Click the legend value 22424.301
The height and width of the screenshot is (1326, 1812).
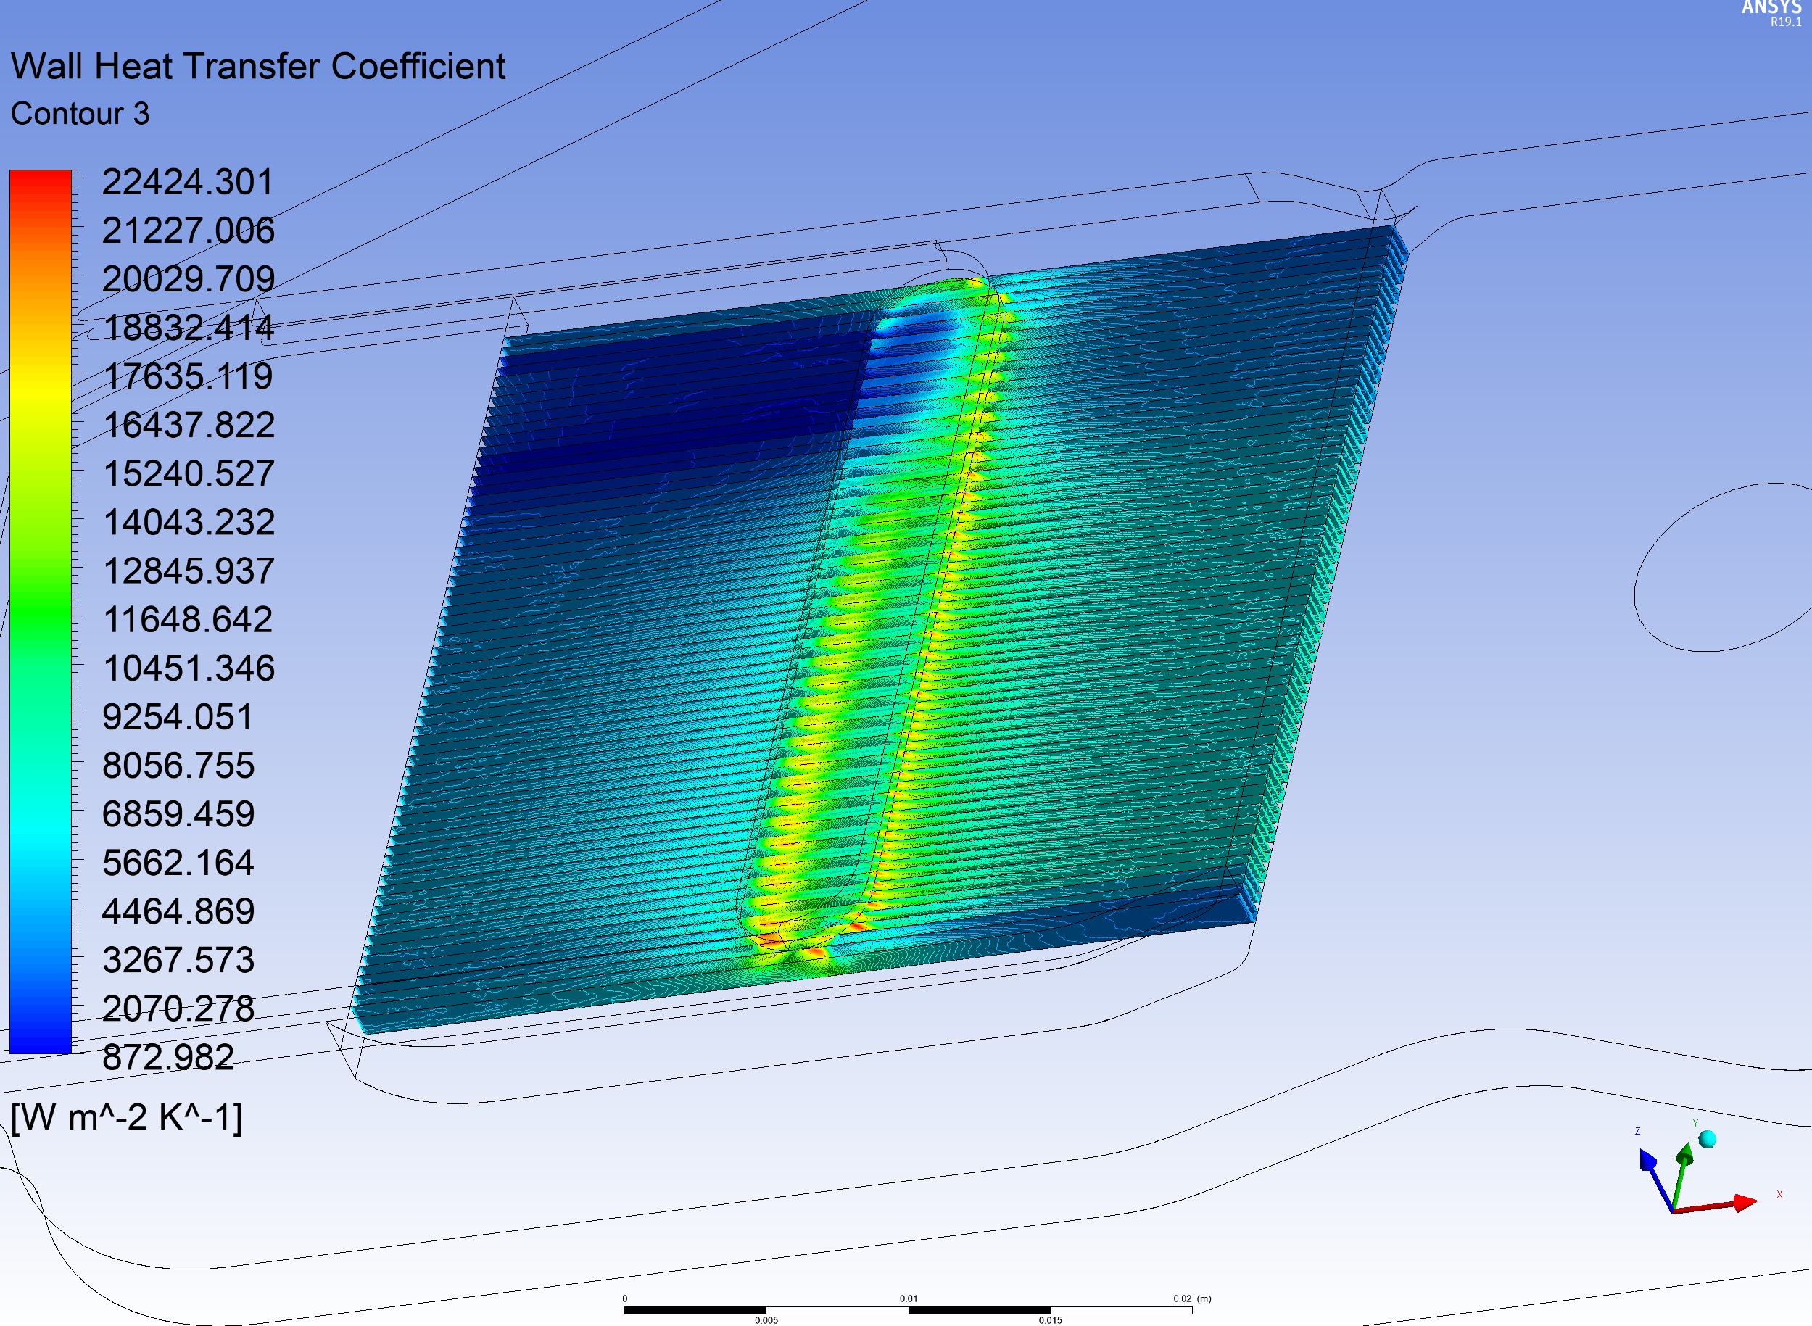click(187, 182)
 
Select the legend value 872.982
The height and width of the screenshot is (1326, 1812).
click(167, 1057)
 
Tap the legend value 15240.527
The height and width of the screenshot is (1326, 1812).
click(189, 473)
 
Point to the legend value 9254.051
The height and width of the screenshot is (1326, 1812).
click(178, 717)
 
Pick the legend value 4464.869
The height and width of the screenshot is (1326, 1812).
click(178, 911)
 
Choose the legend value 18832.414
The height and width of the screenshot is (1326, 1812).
click(189, 328)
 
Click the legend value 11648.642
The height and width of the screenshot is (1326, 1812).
click(189, 620)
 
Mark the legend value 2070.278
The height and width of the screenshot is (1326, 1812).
click(178, 1008)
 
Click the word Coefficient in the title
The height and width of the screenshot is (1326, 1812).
click(418, 66)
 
